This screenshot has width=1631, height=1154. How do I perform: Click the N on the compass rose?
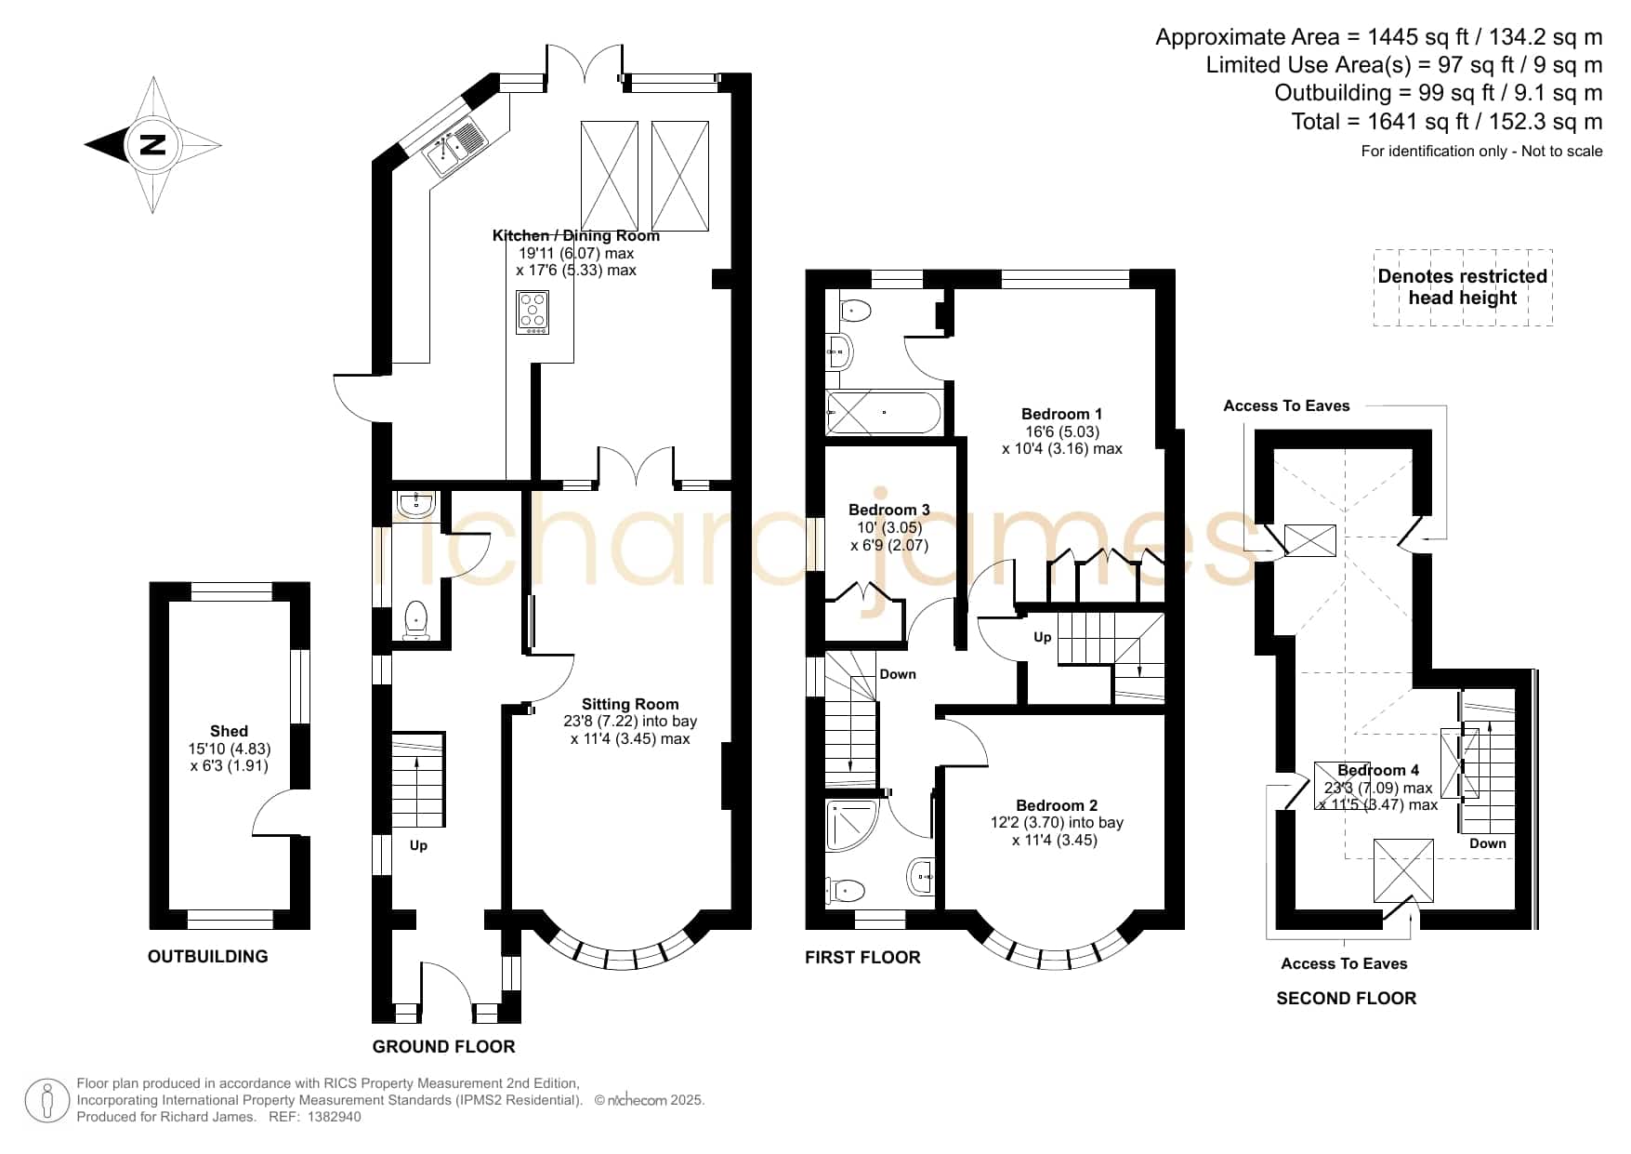click(152, 145)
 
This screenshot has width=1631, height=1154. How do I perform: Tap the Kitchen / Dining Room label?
click(576, 235)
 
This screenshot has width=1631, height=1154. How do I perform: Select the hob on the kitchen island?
click(533, 312)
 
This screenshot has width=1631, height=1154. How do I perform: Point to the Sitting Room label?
click(630, 704)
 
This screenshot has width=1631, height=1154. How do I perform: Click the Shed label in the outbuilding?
click(229, 731)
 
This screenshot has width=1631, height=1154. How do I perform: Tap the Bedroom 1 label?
click(1061, 414)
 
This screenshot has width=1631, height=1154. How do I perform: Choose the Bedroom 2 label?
click(1057, 805)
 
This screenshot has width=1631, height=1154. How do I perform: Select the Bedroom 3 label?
click(888, 510)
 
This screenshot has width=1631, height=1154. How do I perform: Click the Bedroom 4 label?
click(1378, 770)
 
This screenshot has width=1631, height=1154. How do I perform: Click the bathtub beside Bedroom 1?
click(884, 411)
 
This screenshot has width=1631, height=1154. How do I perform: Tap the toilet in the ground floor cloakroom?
click(415, 619)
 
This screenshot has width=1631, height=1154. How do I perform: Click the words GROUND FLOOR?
click(443, 1046)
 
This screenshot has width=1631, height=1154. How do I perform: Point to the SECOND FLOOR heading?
click(1346, 998)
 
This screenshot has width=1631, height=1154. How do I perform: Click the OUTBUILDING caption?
click(207, 956)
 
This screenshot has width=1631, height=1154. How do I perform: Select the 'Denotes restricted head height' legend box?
click(1463, 287)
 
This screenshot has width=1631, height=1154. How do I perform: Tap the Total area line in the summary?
click(1447, 121)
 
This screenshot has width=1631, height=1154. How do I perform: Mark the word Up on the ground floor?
click(418, 845)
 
